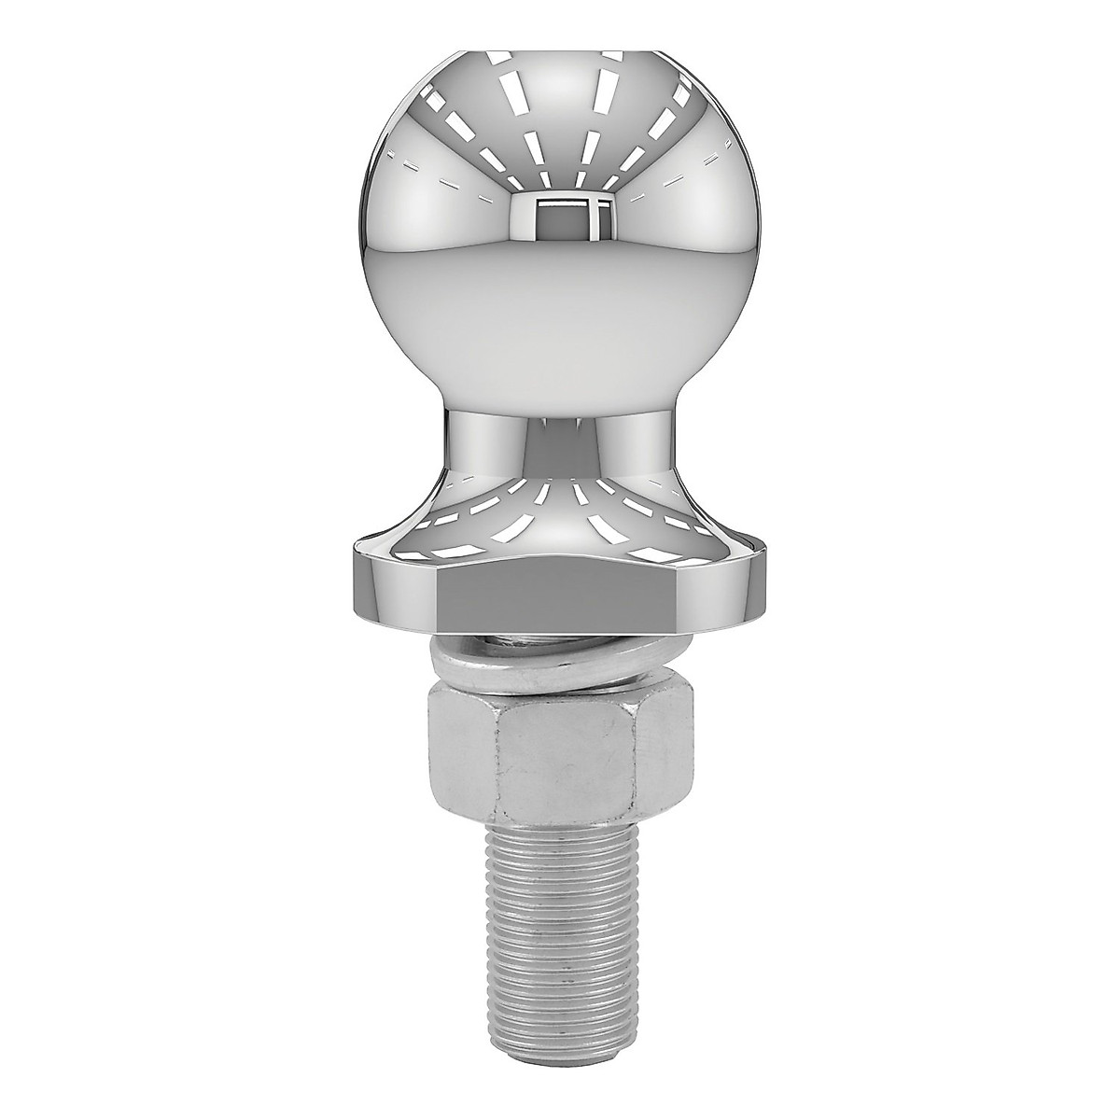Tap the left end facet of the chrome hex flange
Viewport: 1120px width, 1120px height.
point(392,583)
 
